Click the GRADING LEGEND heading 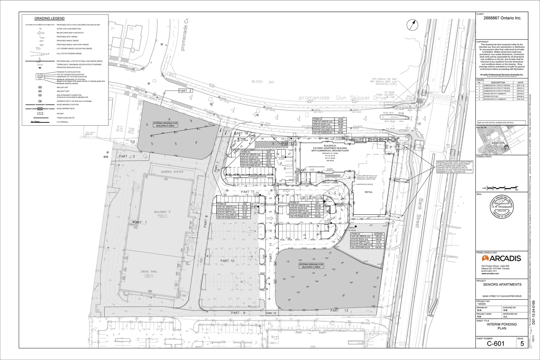[49, 19]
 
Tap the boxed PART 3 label [184, 91]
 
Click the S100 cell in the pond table [340, 119]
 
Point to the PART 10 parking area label [227, 261]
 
